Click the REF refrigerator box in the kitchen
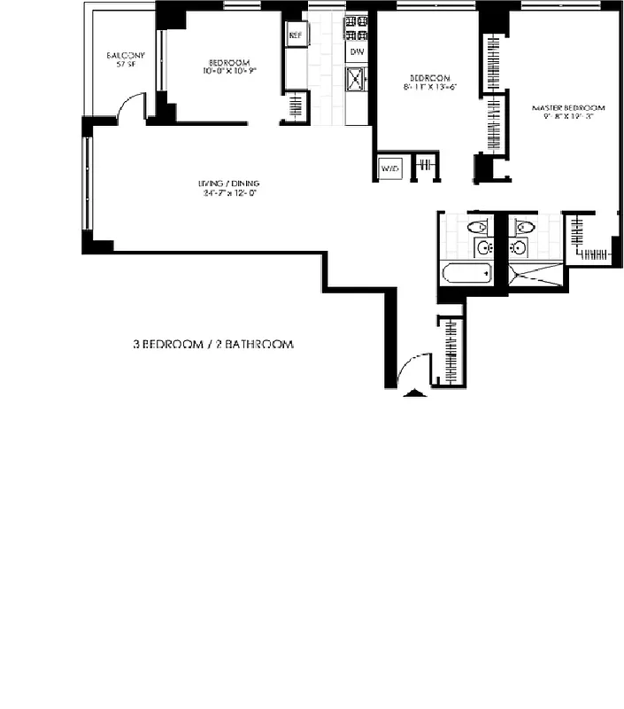click(295, 36)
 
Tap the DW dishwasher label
click(357, 52)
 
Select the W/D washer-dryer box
click(389, 168)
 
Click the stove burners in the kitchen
click(357, 28)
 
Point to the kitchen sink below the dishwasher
click(357, 82)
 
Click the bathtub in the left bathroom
click(466, 272)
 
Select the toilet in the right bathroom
click(521, 226)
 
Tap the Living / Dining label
click(228, 190)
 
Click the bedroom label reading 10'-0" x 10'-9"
click(228, 66)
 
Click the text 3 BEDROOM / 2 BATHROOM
click(212, 344)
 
